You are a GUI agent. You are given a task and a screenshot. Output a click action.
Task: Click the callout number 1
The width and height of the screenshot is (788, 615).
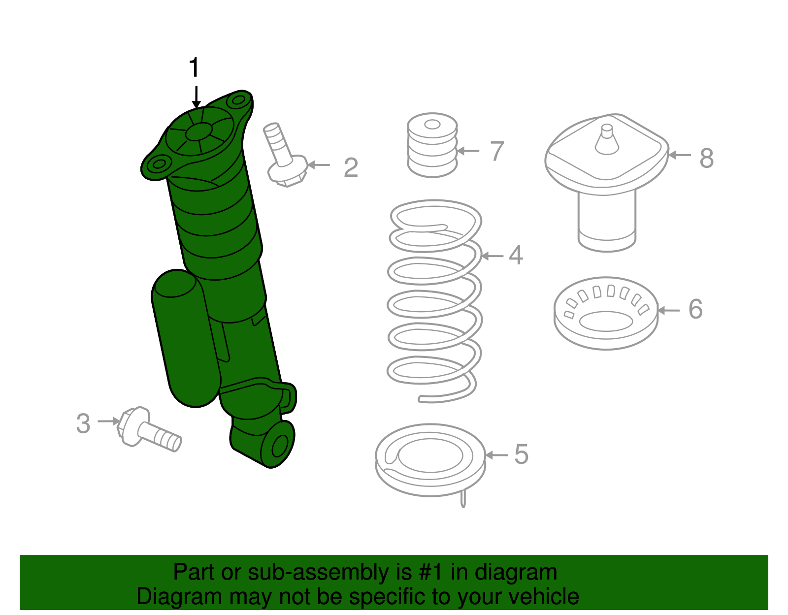pos(195,67)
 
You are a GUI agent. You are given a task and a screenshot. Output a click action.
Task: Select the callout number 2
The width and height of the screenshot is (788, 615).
pos(351,167)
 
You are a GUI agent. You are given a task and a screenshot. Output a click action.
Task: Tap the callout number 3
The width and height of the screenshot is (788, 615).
pos(83,423)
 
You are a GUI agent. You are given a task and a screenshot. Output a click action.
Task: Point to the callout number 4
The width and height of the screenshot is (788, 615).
pos(516,255)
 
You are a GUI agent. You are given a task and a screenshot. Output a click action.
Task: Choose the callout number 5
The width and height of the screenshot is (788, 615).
pos(522,454)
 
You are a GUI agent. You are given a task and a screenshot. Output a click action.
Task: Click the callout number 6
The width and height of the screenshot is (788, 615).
pos(695,309)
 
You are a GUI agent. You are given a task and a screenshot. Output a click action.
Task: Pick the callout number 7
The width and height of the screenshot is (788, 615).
pos(497,151)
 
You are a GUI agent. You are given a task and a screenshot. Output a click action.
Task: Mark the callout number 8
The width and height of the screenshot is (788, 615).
pos(707,158)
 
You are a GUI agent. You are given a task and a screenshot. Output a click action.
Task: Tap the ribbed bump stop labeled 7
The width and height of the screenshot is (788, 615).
pos(432,145)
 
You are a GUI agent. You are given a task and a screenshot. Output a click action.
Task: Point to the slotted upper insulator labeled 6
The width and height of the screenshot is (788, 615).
pos(606,313)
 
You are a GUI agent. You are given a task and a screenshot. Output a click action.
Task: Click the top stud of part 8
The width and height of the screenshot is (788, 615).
pos(607,139)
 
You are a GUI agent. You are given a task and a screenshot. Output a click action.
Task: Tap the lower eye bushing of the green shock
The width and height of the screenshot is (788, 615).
pos(278,445)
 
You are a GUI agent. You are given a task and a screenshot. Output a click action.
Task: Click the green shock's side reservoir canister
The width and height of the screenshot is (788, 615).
pos(186,338)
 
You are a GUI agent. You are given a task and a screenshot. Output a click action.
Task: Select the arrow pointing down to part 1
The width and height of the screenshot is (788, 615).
pos(196,97)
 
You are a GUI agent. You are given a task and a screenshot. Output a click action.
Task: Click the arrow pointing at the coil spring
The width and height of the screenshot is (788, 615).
pos(492,256)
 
